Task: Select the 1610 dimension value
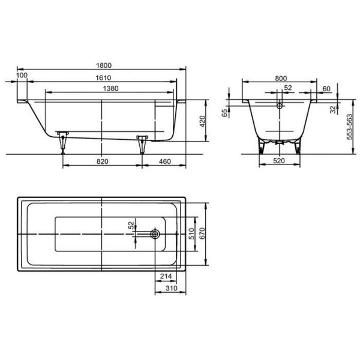click(104, 77)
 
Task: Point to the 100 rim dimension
click(22, 75)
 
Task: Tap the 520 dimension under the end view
click(279, 162)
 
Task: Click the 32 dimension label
click(332, 110)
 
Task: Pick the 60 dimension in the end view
click(326, 88)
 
